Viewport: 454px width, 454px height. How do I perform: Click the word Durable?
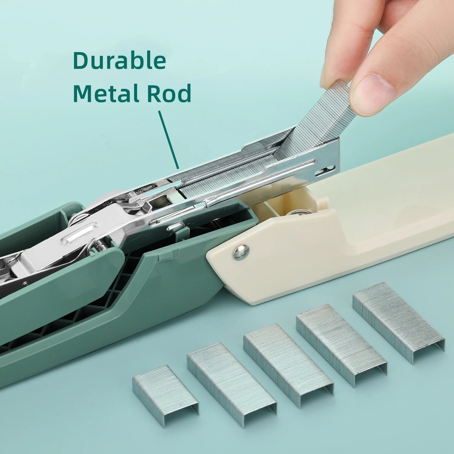(119, 61)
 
